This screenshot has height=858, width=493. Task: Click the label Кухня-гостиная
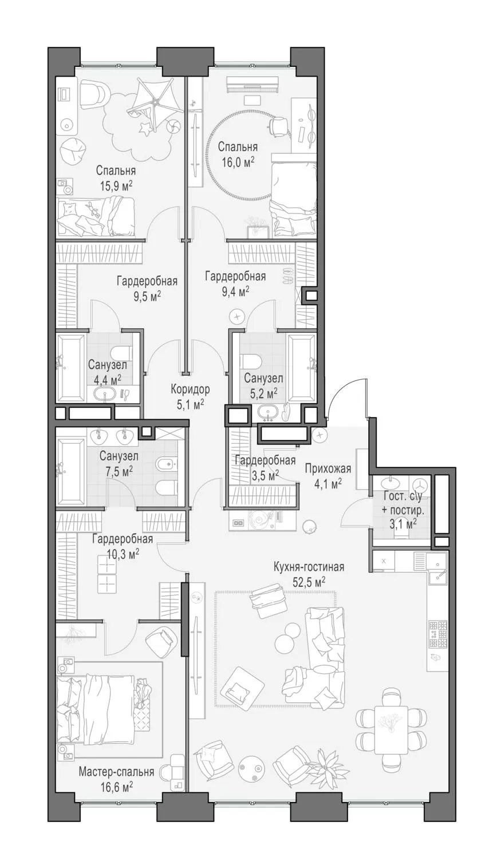click(309, 567)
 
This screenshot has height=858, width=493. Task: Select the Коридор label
click(191, 390)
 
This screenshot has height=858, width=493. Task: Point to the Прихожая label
click(328, 468)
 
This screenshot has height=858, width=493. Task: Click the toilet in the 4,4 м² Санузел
click(121, 352)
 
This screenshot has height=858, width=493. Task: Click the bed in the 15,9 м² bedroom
click(96, 216)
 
